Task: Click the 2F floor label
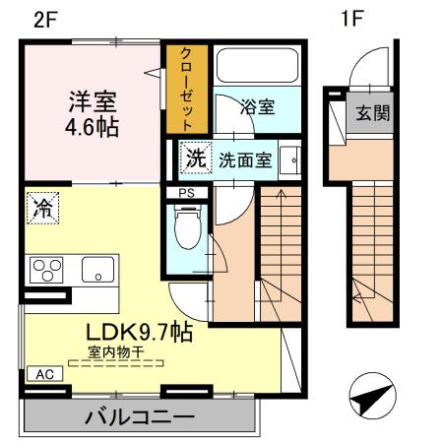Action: pos(45,19)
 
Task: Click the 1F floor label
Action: pos(351,19)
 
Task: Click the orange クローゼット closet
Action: pos(183,89)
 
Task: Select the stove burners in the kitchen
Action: pos(45,269)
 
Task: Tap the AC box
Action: pos(44,374)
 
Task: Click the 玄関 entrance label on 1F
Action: pos(372,112)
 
